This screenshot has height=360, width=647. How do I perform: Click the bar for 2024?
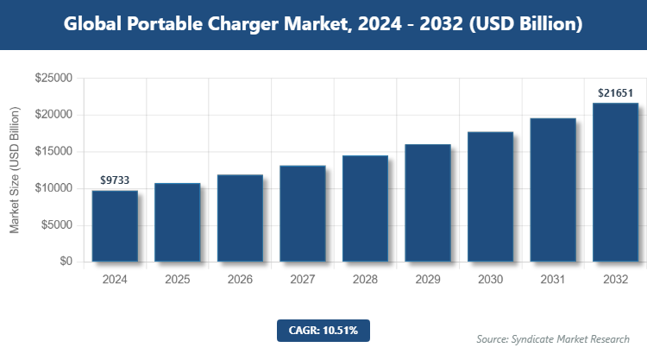[x=115, y=226]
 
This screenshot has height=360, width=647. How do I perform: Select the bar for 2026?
[x=240, y=218]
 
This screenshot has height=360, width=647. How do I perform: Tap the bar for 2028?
[x=365, y=209]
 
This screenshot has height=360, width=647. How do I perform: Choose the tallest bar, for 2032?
[x=615, y=182]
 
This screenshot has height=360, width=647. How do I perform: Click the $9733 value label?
[x=115, y=180]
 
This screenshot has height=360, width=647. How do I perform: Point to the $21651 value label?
[x=615, y=92]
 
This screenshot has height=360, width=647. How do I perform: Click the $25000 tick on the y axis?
[x=53, y=79]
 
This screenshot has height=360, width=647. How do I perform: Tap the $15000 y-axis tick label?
[x=53, y=152]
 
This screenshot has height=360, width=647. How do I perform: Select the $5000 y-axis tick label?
[x=57, y=225]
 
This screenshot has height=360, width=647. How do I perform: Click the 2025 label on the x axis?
[x=177, y=280]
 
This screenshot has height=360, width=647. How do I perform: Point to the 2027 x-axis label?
[x=302, y=280]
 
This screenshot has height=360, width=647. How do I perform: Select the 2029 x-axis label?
[x=427, y=280]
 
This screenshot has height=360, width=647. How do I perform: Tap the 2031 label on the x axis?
[x=552, y=280]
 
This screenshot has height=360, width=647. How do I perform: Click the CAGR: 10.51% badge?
[x=323, y=330]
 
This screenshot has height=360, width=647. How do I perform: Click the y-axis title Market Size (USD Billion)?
[x=15, y=170]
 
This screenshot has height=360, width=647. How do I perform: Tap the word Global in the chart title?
[x=93, y=25]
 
